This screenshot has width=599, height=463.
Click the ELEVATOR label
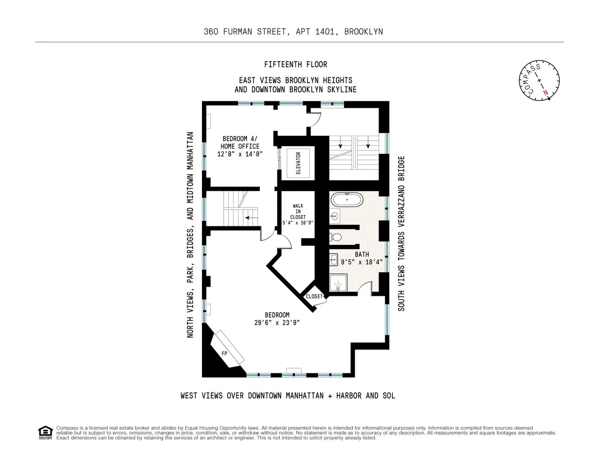298,163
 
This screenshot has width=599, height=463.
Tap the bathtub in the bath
347,200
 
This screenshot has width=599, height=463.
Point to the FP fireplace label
225,353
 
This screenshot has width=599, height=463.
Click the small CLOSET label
314,296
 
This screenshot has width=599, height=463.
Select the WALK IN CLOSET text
298,212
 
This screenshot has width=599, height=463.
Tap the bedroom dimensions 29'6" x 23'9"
277,323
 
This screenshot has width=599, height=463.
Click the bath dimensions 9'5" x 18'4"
362,262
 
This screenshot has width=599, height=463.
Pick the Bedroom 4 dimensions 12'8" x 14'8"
240,154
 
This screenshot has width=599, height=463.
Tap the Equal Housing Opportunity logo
45,432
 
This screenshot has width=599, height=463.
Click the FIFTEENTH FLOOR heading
296,64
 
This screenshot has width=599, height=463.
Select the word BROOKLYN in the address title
364,31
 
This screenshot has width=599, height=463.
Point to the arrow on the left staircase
252,217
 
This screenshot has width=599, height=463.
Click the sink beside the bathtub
335,216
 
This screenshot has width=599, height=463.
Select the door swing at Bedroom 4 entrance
315,120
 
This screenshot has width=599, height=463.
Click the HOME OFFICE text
240,146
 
